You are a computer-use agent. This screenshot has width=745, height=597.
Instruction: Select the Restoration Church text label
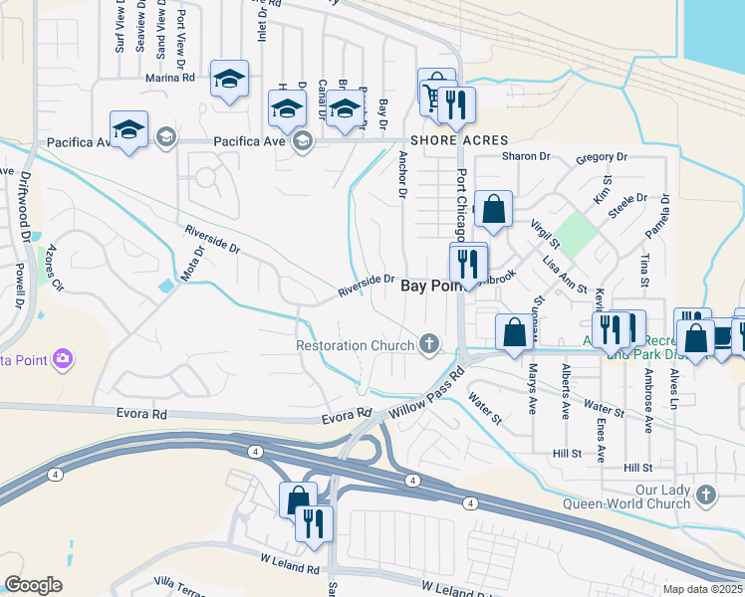pos(356,346)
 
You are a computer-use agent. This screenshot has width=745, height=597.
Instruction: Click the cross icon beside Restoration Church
pos(429,345)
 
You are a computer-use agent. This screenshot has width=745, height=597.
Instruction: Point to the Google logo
pos(33,585)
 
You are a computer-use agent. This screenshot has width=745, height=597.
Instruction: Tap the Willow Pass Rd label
pos(427,394)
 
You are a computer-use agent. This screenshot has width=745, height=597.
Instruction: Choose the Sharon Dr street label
pos(526,156)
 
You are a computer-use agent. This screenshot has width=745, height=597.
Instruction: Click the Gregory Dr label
pos(602,157)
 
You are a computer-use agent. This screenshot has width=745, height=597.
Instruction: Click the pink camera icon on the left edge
pos(64,357)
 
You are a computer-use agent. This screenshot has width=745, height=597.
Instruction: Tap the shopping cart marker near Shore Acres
pos(433,96)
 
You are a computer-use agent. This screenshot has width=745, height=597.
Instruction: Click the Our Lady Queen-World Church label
pos(662,497)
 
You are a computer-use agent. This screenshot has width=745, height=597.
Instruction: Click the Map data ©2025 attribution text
pos(702,589)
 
